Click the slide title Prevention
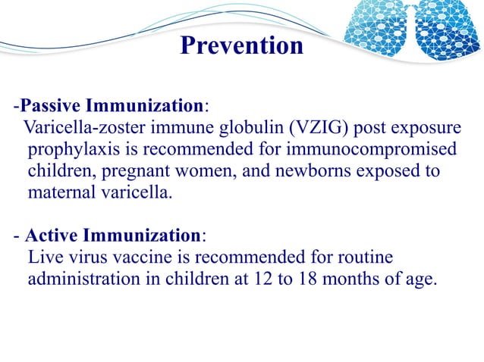[242, 45]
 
